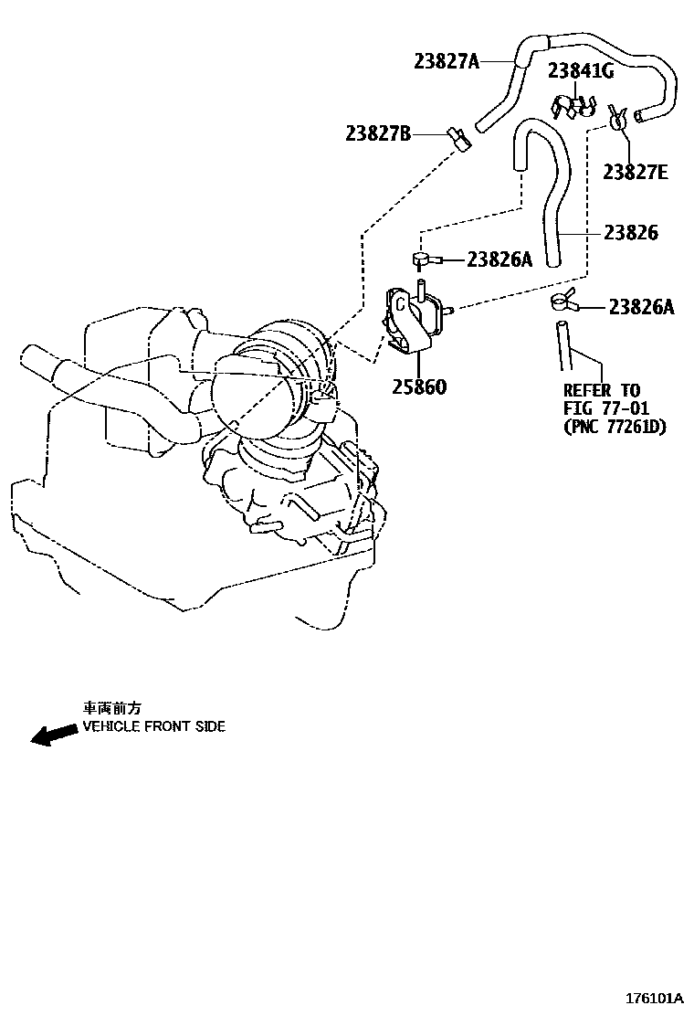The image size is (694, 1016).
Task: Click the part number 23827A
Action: [446, 61]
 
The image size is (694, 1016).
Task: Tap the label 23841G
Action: [581, 70]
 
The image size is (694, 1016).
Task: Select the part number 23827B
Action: [378, 134]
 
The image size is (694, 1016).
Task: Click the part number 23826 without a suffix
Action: [630, 232]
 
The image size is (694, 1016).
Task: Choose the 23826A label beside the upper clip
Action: [499, 259]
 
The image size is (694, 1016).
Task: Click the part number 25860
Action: [419, 386]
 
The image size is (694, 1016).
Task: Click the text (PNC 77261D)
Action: [615, 427]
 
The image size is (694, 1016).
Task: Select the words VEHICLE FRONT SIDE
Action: [154, 727]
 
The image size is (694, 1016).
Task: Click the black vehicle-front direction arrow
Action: [54, 734]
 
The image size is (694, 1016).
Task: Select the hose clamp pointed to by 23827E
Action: [618, 118]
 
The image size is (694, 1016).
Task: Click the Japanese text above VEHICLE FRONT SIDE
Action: [114, 708]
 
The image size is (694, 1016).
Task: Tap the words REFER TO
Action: [601, 390]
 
